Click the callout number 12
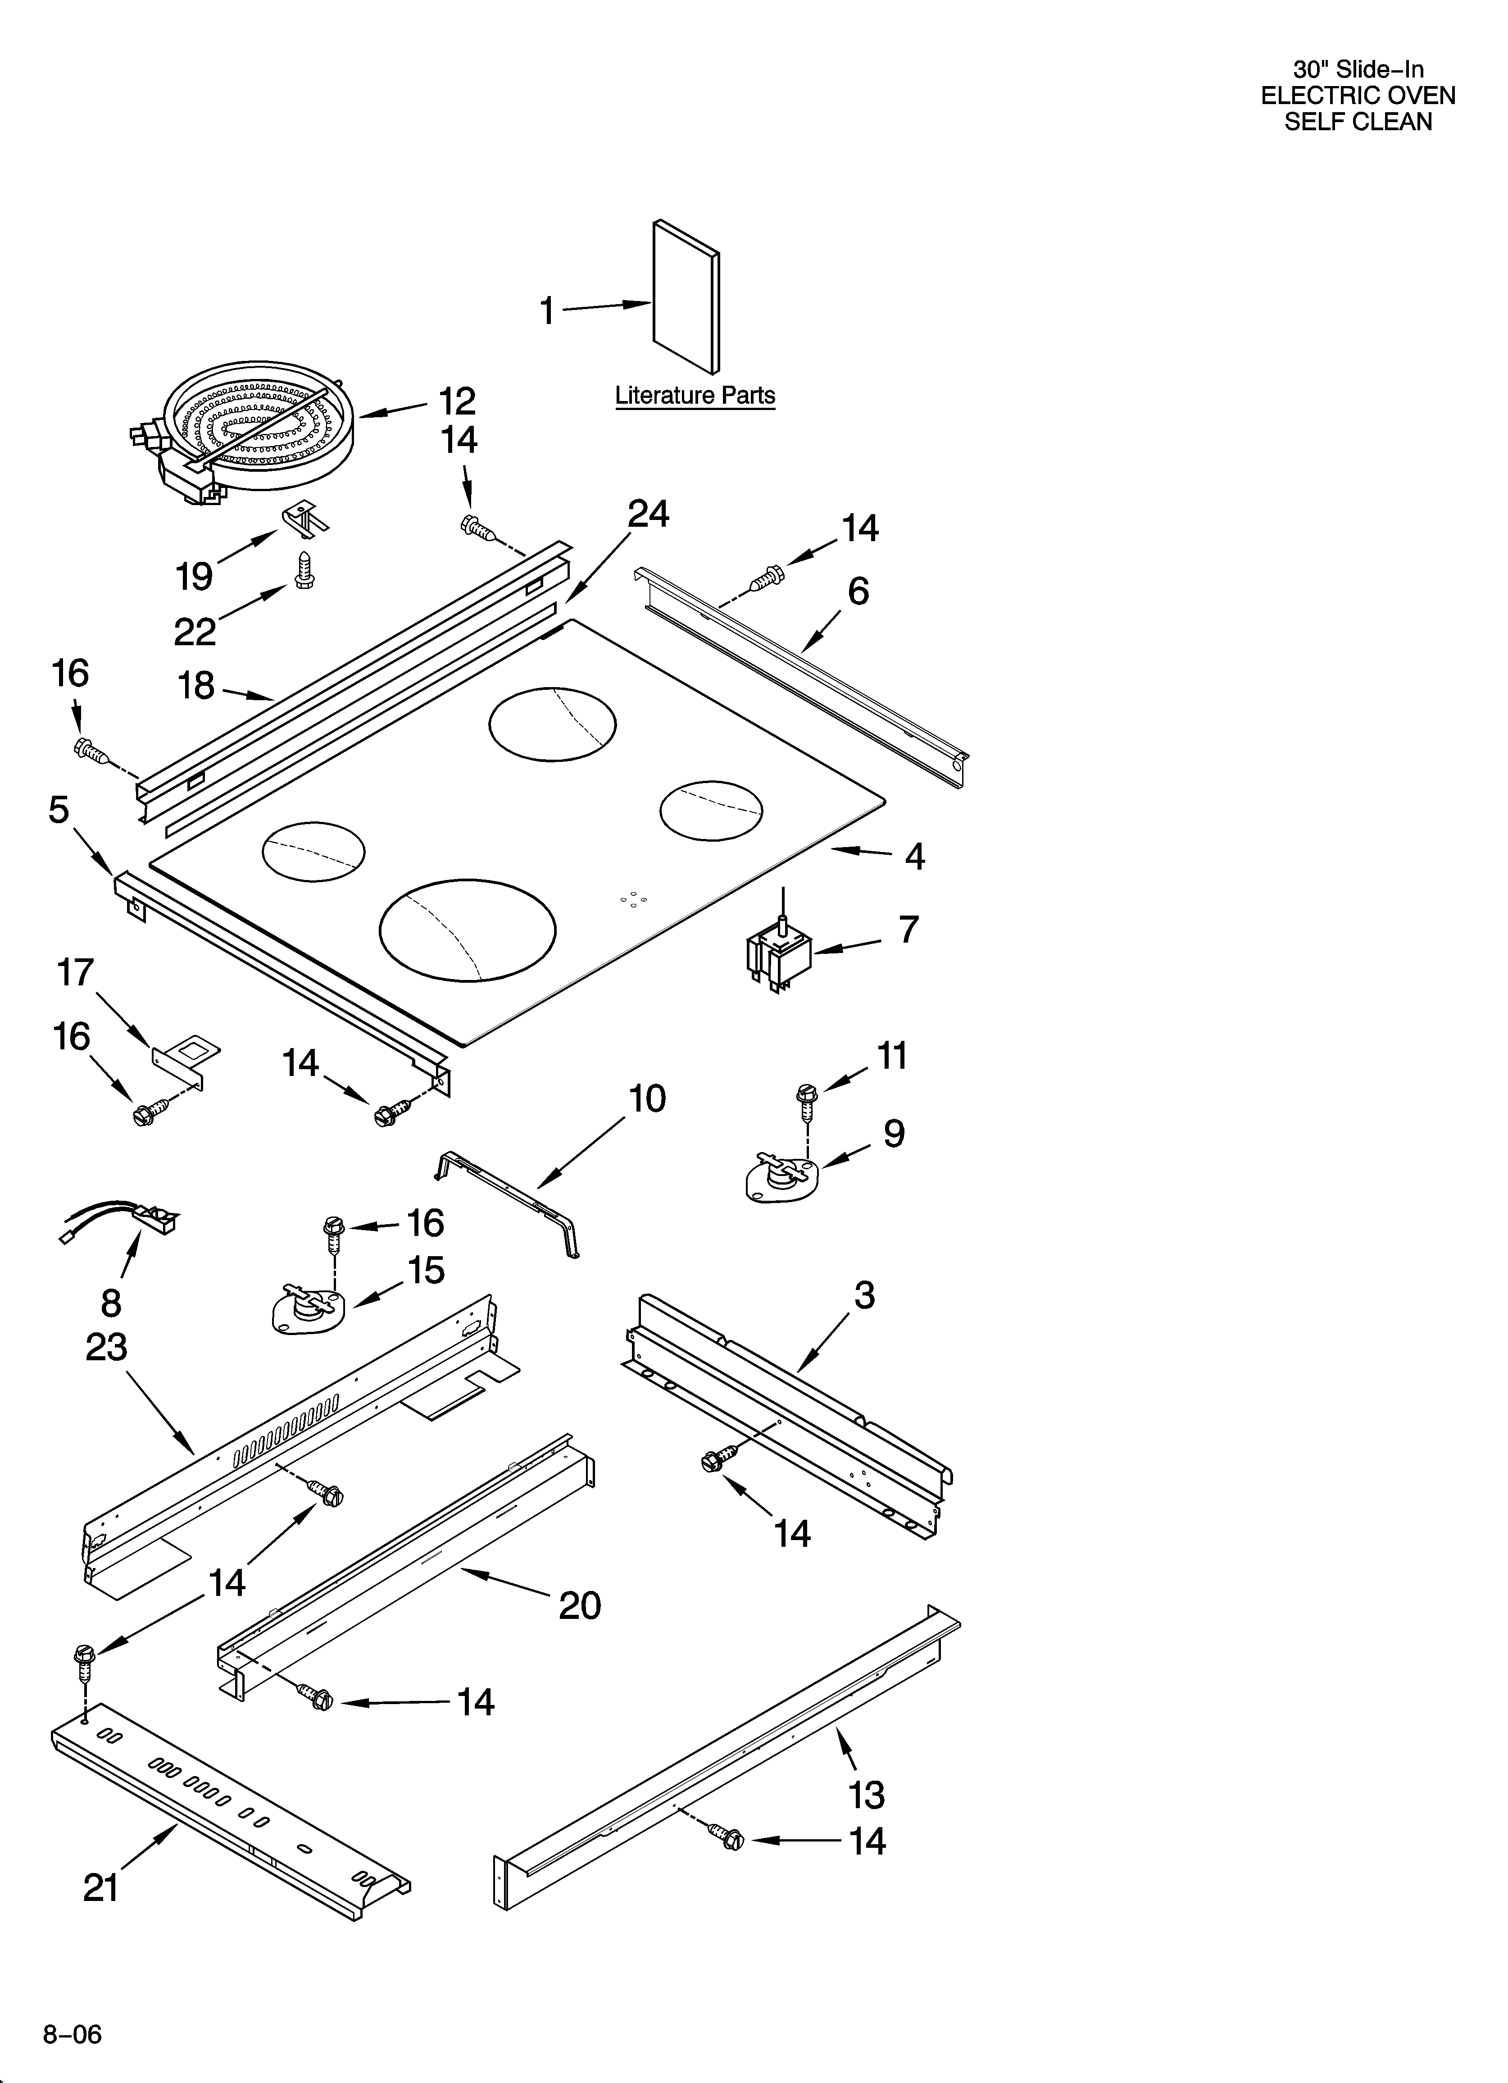(456, 401)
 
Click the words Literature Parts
(694, 396)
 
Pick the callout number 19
(194, 577)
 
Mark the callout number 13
(866, 1795)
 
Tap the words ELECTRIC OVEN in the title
(1358, 96)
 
